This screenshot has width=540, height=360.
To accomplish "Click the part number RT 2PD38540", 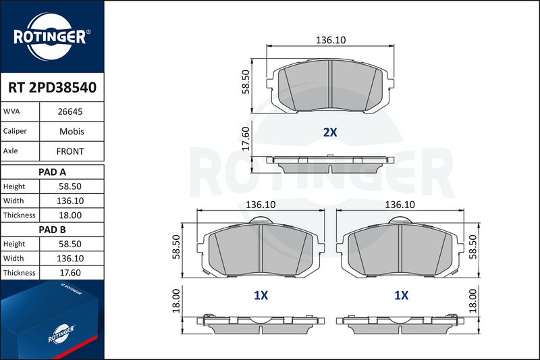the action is (x=53, y=88).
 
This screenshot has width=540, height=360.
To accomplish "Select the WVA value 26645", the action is (x=70, y=111).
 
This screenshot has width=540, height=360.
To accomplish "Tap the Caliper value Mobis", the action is (x=72, y=131).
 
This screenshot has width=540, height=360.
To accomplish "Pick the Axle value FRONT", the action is (x=70, y=151).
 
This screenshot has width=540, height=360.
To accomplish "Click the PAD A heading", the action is (x=52, y=172).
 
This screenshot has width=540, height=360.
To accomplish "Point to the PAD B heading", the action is (x=52, y=230).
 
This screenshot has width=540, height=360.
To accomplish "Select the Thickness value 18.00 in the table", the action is (x=70, y=215).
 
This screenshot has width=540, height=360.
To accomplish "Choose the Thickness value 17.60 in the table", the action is (x=70, y=273).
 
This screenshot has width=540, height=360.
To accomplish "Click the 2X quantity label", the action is (x=330, y=132).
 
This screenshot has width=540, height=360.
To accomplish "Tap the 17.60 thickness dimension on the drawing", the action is (x=245, y=138).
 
